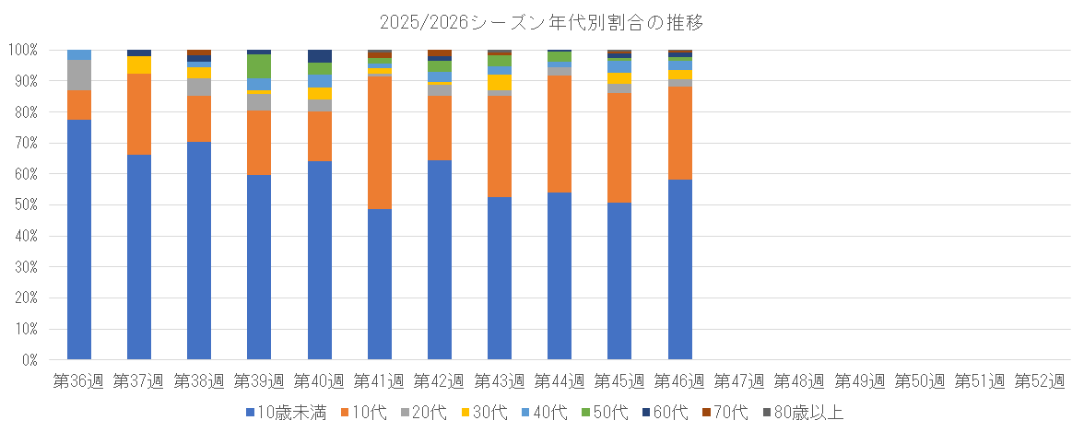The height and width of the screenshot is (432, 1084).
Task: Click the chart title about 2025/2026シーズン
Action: pyautogui.click(x=541, y=20)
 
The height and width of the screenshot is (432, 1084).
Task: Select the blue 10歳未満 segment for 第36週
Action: pyautogui.click(x=79, y=239)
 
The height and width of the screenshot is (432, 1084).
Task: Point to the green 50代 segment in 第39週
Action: pyautogui.click(x=259, y=66)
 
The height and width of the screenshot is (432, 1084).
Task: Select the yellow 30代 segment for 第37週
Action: pyautogui.click(x=139, y=64)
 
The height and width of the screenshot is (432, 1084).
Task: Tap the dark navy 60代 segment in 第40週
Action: pyautogui.click(x=320, y=55)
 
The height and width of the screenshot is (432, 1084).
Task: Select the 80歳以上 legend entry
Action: pyautogui.click(x=804, y=412)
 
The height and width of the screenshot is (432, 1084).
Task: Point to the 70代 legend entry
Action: pyautogui.click(x=729, y=412)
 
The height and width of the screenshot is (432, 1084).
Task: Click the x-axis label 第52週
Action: pyautogui.click(x=1040, y=380)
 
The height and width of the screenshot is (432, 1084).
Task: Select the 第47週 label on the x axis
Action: pyautogui.click(x=740, y=380)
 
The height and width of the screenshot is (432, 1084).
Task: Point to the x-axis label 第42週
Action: pyautogui.click(x=440, y=380)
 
